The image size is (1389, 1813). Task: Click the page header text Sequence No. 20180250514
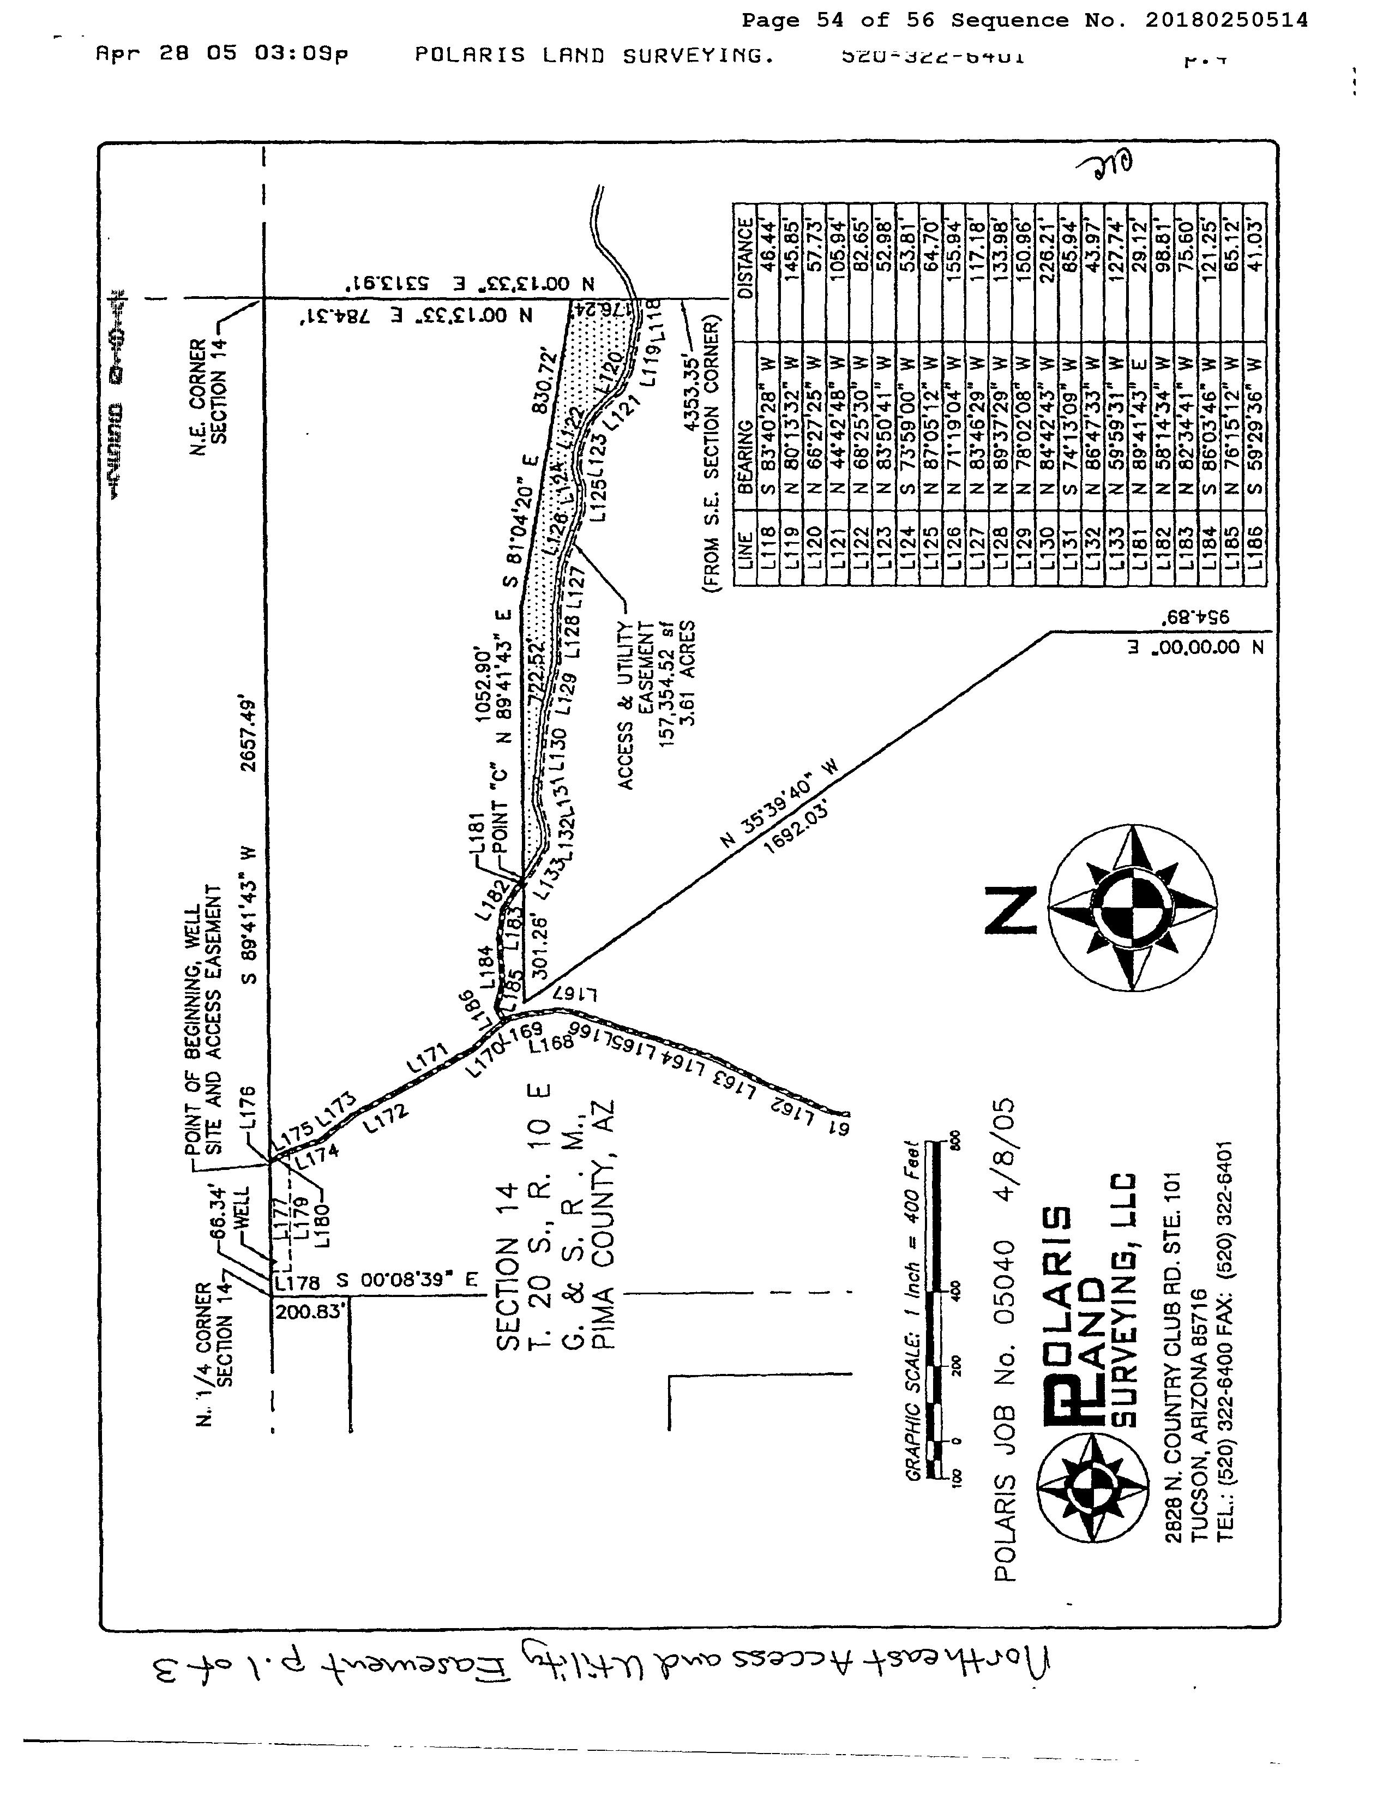[1129, 20]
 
